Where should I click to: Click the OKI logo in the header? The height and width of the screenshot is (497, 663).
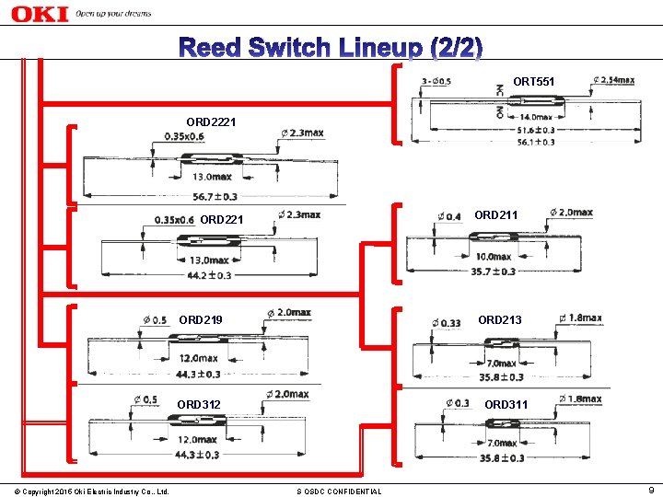point(38,13)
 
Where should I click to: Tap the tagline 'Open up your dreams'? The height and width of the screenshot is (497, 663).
point(113,15)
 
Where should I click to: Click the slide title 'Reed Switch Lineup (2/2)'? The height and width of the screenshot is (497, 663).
point(331,47)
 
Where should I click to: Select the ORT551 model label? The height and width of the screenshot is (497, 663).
point(533,83)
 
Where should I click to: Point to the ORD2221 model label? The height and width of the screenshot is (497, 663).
point(210,121)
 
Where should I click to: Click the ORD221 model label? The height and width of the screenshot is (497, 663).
point(221,220)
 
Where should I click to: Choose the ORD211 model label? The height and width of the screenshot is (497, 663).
point(495,215)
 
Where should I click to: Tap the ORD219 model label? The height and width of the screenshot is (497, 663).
point(200,320)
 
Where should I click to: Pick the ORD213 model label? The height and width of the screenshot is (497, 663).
point(499,320)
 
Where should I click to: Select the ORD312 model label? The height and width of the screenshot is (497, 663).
point(198,405)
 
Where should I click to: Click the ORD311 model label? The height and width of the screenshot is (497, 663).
point(506,405)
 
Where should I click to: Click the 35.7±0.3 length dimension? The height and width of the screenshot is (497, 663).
point(493,272)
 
